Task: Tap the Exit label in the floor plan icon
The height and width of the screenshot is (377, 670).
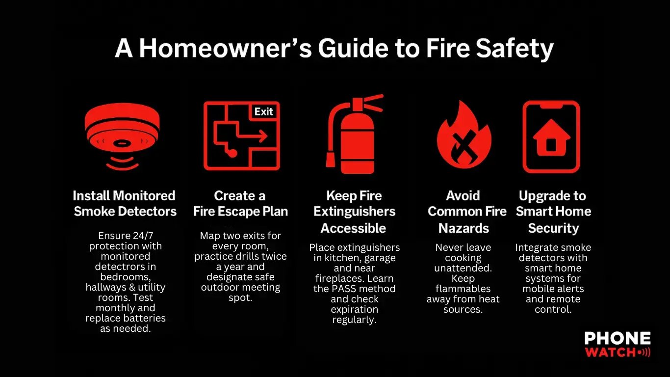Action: coord(263,112)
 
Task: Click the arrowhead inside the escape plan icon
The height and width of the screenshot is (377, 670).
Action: coord(263,136)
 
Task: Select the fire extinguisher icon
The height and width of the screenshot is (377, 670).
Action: coord(354,134)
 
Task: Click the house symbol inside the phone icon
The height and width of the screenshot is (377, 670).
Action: coord(552,138)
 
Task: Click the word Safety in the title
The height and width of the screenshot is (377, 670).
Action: coord(515,50)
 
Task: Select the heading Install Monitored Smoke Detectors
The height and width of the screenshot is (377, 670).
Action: coord(125,204)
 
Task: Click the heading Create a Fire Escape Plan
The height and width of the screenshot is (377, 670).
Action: coord(240,204)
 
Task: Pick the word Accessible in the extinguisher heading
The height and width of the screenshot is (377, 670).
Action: coord(353,228)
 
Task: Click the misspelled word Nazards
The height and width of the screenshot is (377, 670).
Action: coord(464,228)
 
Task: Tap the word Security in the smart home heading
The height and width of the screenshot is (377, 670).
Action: coord(553,228)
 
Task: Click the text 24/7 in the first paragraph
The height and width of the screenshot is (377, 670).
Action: coord(143,236)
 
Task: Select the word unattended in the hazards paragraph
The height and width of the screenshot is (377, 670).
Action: coord(463,268)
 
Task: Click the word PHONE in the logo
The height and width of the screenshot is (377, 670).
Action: coord(618,338)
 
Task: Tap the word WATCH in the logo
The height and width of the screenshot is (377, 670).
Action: coord(610,352)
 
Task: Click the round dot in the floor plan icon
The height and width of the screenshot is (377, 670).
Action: coord(232,153)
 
